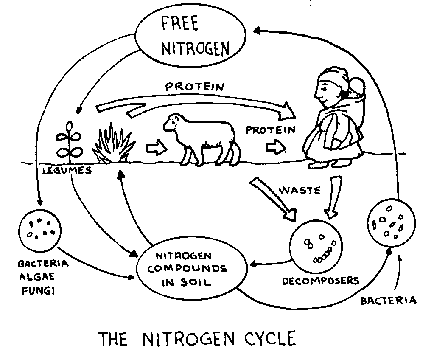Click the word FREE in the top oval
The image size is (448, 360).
[179, 25]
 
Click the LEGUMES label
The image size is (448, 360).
[67, 171]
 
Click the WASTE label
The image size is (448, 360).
[299, 190]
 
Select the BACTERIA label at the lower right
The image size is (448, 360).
[388, 301]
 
